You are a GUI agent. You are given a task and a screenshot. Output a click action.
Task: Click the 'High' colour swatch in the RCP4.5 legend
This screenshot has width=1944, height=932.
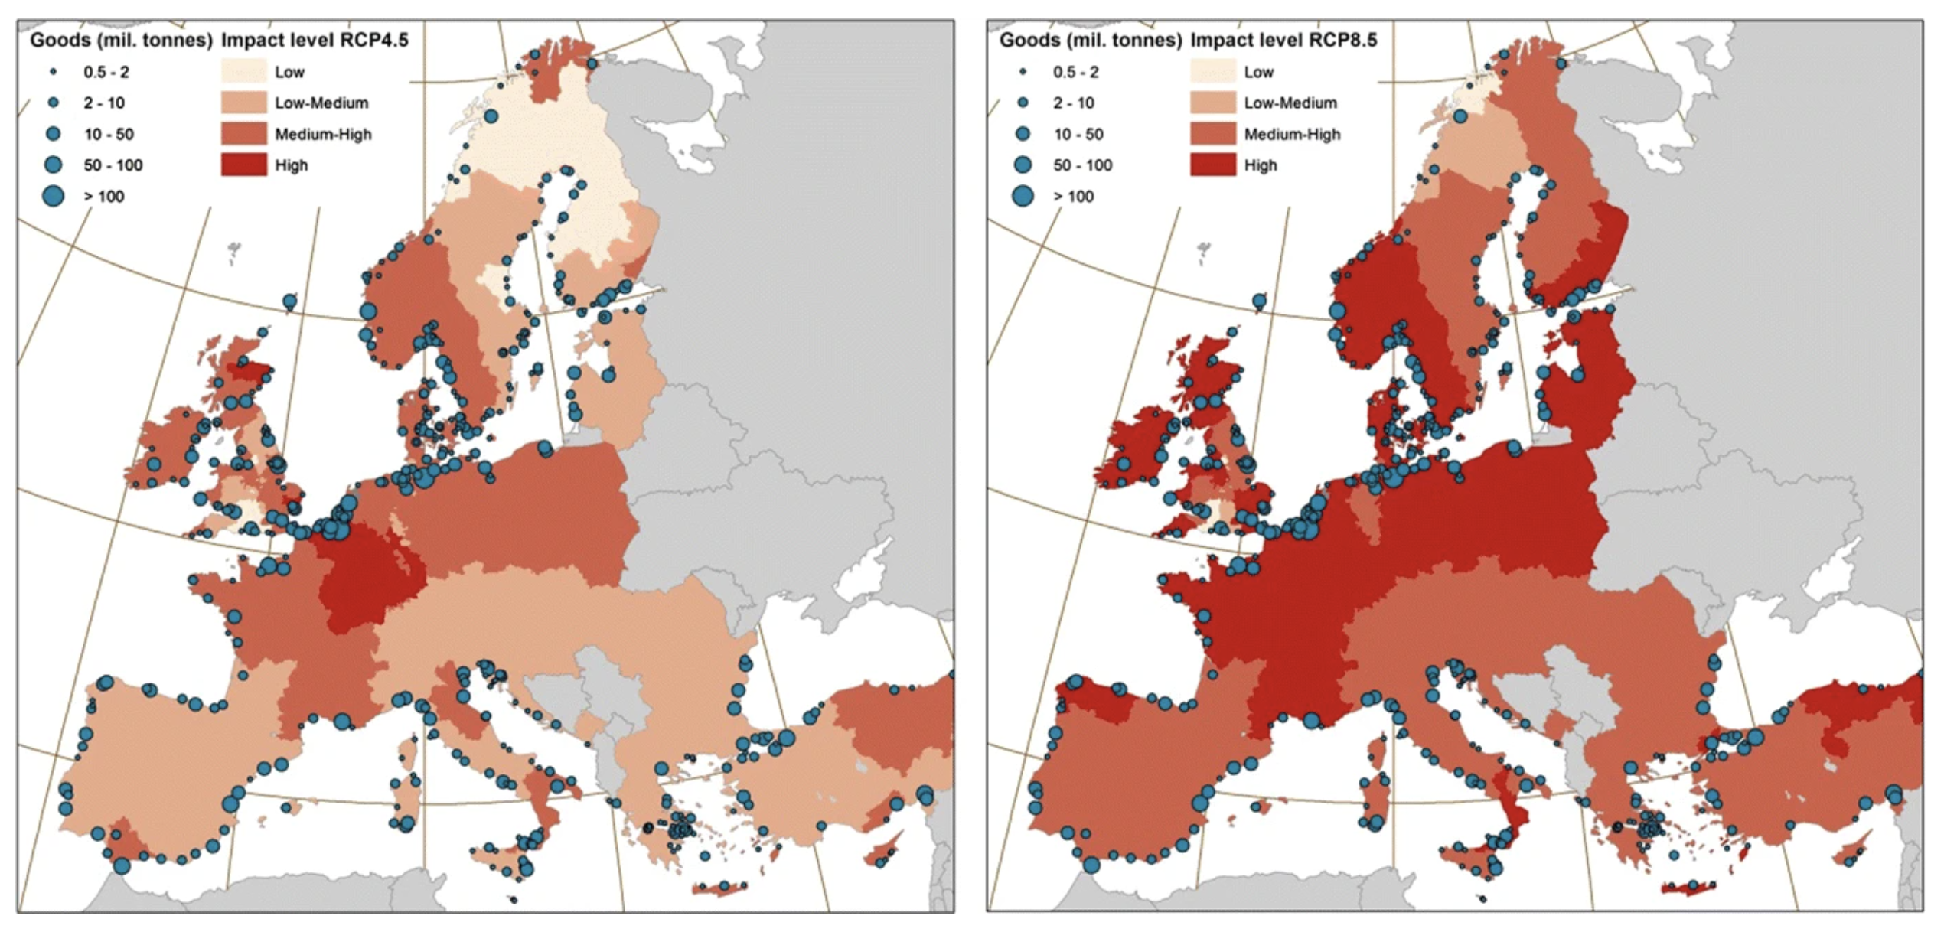pos(244,165)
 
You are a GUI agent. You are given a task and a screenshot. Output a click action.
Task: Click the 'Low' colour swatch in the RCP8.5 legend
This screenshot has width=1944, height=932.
pos(1213,71)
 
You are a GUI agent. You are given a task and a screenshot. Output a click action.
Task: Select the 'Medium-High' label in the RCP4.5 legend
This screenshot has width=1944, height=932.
pos(323,134)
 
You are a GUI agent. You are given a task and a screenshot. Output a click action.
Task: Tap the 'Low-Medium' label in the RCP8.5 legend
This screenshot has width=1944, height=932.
pos(1290,103)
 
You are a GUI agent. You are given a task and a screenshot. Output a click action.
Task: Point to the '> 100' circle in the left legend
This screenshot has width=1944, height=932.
pos(53,196)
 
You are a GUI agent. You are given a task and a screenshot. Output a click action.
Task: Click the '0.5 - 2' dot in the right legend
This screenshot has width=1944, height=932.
pos(1023,71)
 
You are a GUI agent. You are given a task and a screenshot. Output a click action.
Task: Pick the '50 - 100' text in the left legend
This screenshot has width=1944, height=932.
pos(113,165)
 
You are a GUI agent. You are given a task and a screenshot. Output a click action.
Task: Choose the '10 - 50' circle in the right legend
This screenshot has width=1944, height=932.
pos(1023,134)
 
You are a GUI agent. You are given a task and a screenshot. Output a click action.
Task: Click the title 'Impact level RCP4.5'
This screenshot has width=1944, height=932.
pos(315,40)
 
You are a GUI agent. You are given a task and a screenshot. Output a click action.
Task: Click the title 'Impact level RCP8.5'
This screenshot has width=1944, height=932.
pos(1283,40)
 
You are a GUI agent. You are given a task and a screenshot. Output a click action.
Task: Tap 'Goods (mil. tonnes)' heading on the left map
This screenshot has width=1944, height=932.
pos(121,40)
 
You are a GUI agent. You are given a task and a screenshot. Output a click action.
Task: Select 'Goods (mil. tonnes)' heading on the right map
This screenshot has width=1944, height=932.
pos(1090,40)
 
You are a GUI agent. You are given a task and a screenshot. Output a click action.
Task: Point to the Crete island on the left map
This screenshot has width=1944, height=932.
pos(719,888)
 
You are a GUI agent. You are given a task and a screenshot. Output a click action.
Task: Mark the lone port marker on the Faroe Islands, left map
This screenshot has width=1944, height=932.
pos(289,301)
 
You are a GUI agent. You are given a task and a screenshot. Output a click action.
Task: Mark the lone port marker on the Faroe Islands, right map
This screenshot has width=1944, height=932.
pos(1259,301)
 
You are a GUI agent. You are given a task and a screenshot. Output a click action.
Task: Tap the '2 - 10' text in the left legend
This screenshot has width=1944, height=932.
pos(104,103)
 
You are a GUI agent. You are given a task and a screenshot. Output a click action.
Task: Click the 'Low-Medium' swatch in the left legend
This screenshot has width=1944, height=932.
pos(244,103)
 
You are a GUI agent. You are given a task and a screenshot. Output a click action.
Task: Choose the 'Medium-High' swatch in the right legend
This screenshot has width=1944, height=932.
pos(1213,134)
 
